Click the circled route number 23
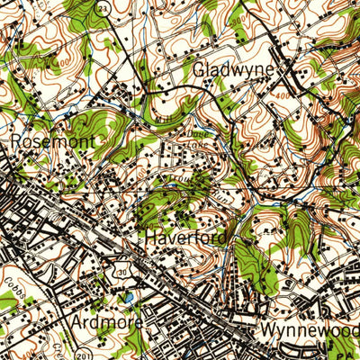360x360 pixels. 103,7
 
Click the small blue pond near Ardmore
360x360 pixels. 130,297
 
